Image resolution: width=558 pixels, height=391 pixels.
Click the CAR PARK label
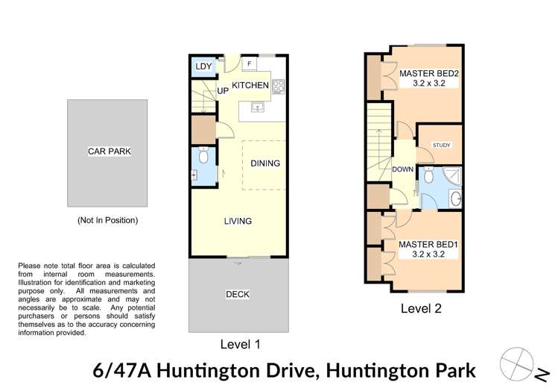coord(109,151)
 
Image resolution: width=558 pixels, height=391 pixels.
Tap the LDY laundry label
coord(203,67)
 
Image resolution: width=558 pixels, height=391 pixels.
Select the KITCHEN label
coord(250,86)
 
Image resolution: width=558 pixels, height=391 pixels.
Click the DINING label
coord(264,163)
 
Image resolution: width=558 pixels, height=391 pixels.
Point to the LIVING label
coord(238,221)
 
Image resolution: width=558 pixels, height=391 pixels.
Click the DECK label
coord(238,295)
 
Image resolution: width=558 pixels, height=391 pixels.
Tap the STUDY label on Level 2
coord(441,145)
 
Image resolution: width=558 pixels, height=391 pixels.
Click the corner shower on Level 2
coord(452,178)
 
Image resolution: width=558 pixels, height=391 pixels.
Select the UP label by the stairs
coord(222,91)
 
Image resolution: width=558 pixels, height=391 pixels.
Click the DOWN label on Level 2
coord(402,169)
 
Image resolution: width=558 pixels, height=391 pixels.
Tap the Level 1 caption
coord(240,344)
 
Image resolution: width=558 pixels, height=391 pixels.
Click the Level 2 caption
coord(422,307)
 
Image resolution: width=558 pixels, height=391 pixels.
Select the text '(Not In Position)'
coord(108,221)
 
